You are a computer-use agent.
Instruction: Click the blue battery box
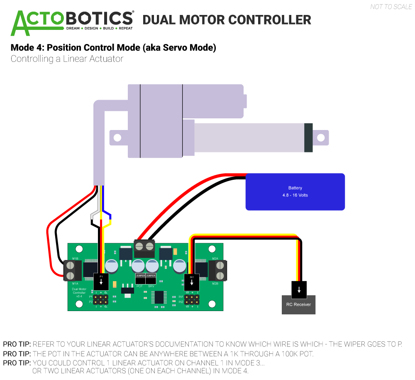coord(295,191)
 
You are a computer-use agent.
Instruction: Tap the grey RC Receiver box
coord(298,305)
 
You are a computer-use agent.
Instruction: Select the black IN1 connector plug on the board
coord(192,282)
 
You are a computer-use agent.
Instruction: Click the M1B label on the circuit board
coord(75,259)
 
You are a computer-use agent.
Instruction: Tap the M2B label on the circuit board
coord(215,284)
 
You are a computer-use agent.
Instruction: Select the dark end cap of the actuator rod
coord(308,137)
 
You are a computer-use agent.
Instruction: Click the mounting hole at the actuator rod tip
coord(321,137)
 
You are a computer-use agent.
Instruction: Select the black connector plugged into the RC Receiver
coord(299,289)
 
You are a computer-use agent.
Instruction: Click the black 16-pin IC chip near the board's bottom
coord(159,297)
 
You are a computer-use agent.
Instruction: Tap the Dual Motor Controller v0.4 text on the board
coord(79,292)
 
